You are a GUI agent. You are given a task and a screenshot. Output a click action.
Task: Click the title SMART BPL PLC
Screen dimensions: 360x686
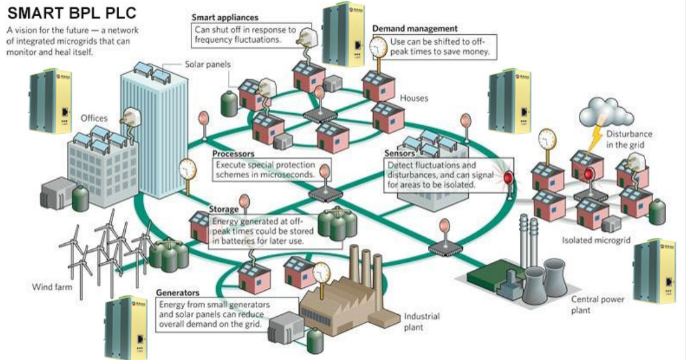click(x=72, y=13)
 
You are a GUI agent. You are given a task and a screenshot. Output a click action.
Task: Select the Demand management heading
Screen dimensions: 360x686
click(x=415, y=28)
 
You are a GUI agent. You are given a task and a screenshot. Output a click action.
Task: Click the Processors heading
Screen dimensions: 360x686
click(x=233, y=154)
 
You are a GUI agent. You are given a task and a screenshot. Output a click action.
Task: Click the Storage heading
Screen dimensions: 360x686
click(x=224, y=209)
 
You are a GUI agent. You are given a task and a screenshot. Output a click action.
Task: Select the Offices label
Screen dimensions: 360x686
click(x=94, y=118)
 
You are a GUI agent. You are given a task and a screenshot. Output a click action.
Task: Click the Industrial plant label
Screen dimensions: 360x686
click(x=421, y=321)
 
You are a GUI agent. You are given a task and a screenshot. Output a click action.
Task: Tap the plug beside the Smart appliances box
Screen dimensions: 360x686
click(x=304, y=36)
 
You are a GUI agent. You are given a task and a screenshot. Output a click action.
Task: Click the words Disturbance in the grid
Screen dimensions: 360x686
click(x=628, y=139)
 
